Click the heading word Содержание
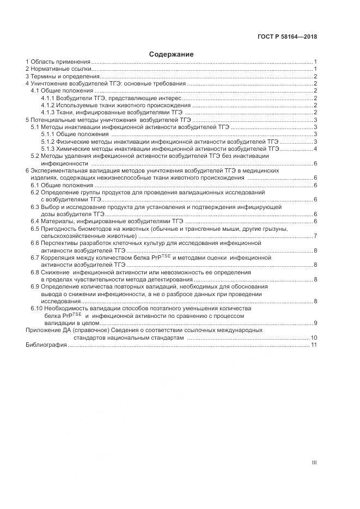pyautogui.click(x=172, y=54)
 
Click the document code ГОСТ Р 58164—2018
pyautogui.click(x=286, y=37)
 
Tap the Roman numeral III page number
pyautogui.click(x=314, y=463)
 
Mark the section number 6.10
pyautogui.click(x=36, y=309)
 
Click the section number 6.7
pyautogui.click(x=35, y=257)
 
